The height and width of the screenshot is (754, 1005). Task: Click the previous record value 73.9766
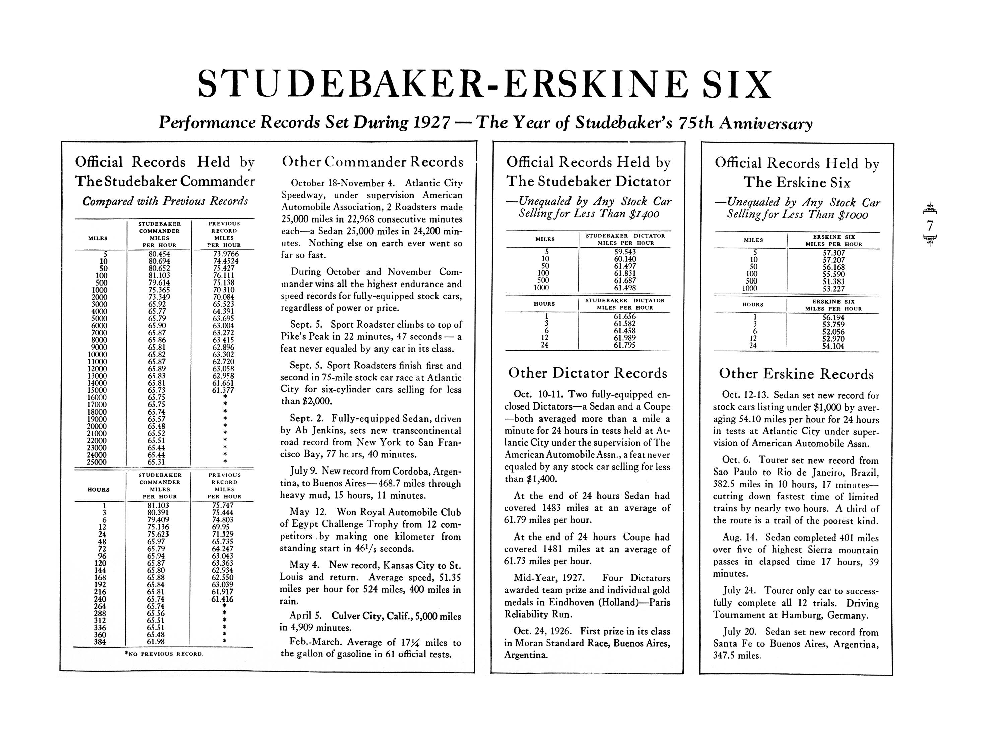[x=226, y=254]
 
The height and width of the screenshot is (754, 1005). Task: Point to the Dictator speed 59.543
[x=625, y=252]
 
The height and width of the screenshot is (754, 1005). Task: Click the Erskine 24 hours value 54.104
[x=833, y=346]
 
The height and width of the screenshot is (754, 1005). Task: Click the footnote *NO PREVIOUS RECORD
[x=164, y=654]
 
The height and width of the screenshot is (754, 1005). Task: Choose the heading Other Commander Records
[x=373, y=162]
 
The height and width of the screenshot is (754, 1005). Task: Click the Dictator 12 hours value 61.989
[x=625, y=338]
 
